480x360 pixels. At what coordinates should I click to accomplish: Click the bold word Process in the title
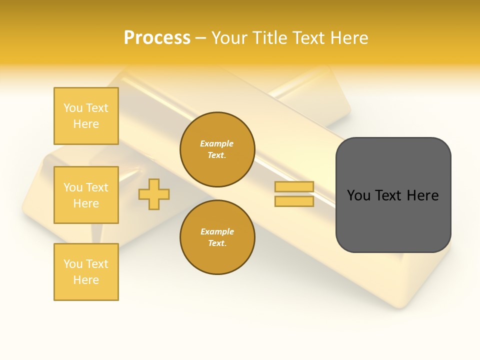click(x=157, y=38)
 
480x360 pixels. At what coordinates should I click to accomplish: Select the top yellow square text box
click(x=86, y=116)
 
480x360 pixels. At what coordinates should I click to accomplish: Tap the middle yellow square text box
click(x=86, y=195)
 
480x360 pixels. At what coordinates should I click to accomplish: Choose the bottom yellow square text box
click(x=86, y=272)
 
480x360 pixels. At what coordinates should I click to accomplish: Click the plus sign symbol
click(x=154, y=194)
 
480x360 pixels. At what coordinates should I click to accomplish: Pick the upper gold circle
click(x=217, y=149)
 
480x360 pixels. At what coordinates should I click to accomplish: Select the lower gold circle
click(x=217, y=237)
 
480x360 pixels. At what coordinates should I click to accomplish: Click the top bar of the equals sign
click(x=294, y=187)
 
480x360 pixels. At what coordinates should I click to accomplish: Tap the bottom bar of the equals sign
click(x=294, y=201)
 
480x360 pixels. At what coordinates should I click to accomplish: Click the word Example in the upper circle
click(x=217, y=143)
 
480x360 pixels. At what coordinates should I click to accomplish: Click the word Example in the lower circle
click(x=217, y=231)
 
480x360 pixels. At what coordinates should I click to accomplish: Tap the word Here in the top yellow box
click(x=86, y=124)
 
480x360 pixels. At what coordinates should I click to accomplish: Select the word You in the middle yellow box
click(x=73, y=187)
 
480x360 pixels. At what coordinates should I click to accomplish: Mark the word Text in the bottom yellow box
click(x=96, y=264)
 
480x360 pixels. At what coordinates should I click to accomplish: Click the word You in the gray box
click(x=358, y=195)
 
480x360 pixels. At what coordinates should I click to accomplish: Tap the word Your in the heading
click(x=229, y=38)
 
